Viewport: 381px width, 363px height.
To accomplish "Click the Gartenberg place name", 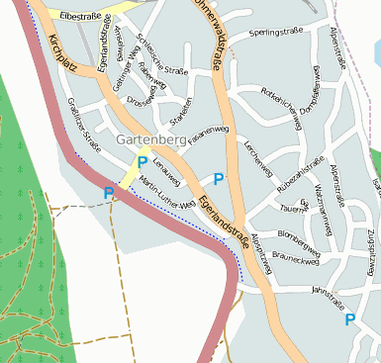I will pyautogui.click(x=150, y=141).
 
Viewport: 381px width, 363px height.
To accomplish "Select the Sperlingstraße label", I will pyautogui.click(x=275, y=33).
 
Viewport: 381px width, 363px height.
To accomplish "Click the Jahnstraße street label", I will pyautogui.click(x=333, y=291).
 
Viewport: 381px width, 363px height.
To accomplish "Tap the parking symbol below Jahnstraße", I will pyautogui.click(x=349, y=319).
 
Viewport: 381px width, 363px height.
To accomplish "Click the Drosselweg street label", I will pyautogui.click(x=140, y=100).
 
